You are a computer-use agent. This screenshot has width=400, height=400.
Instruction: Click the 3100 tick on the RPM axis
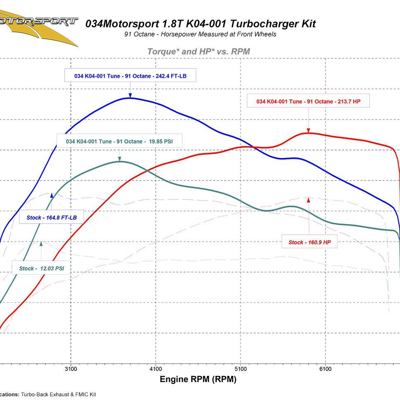pos(71,369)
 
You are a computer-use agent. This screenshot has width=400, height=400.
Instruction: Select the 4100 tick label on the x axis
pos(156,369)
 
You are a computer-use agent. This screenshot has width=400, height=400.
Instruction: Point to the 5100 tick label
pos(240,369)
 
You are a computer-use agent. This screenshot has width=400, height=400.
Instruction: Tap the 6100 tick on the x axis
pos(325,369)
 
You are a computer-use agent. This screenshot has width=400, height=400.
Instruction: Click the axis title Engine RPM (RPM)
pos(198,379)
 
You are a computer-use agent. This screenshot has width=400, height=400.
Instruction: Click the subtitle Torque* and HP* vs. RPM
pos(199,52)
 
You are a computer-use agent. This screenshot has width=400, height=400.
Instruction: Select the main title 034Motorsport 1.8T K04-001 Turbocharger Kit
pos(200,24)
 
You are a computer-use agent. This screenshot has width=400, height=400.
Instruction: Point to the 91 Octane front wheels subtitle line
pos(200,34)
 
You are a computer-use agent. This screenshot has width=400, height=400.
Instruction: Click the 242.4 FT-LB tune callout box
pos(130,76)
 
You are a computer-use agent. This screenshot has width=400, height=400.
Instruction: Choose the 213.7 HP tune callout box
pos(308,101)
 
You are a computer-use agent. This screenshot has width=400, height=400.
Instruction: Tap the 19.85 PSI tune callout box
pos(119,141)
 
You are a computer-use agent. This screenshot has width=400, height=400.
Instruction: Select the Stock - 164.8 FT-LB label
pos(51,217)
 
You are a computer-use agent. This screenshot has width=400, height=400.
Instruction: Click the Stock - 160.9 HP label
pos(309,242)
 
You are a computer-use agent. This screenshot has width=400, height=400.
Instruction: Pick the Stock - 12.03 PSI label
pos(41,268)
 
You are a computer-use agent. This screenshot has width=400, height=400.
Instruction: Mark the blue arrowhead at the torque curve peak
pos(130,96)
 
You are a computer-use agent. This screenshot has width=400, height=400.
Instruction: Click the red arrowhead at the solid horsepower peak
pos(309,130)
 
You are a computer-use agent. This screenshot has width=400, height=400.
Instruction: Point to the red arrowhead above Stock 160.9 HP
pos(309,201)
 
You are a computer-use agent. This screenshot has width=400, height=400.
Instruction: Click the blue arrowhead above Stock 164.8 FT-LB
pos(52,195)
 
